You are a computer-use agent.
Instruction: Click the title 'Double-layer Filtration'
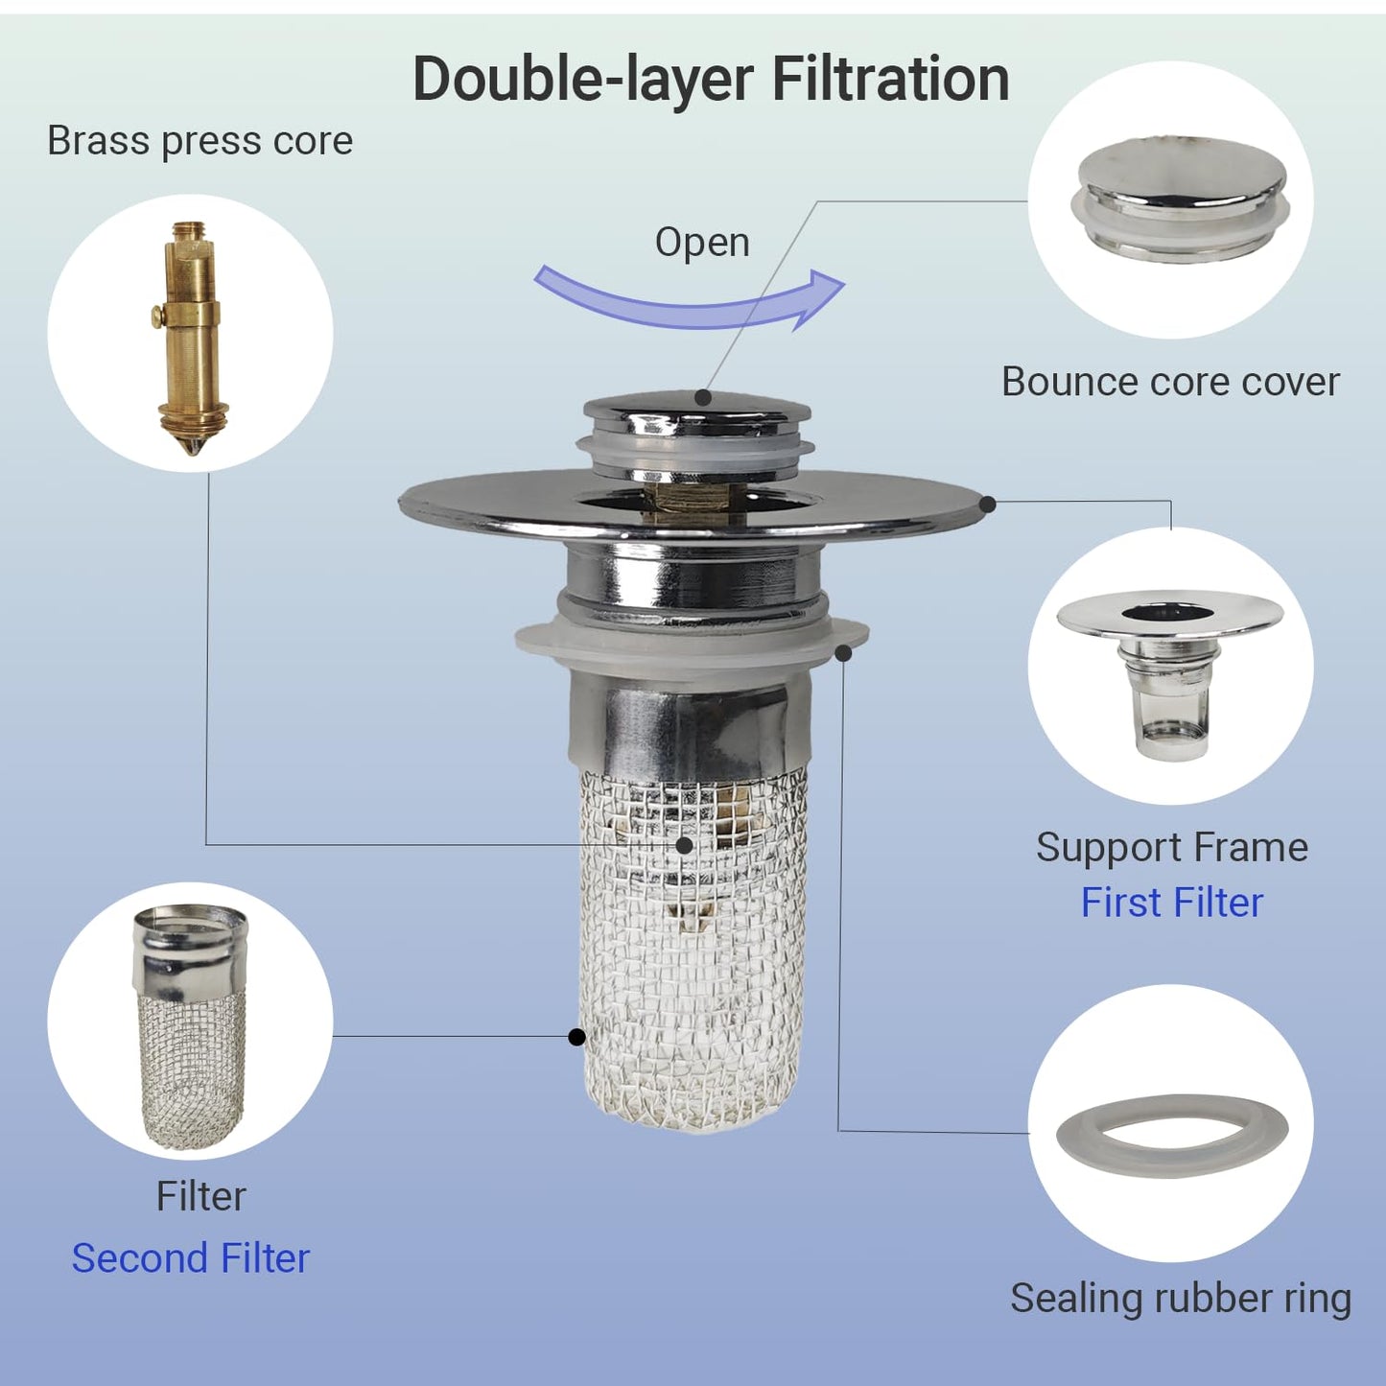click(x=710, y=79)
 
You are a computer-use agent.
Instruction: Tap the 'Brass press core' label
click(x=200, y=141)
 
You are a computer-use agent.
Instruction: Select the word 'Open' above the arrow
click(x=702, y=242)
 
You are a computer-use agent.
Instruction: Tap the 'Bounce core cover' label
click(x=1169, y=382)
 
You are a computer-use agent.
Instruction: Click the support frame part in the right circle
click(x=1170, y=671)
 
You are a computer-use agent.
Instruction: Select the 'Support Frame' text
click(x=1171, y=847)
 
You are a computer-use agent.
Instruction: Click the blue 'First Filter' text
click(x=1171, y=903)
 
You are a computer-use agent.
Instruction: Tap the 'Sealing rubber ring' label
click(x=1180, y=1298)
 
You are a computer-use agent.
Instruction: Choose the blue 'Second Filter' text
click(x=191, y=1258)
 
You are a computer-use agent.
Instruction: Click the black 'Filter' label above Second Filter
click(x=200, y=1196)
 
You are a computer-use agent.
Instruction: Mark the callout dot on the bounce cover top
click(x=703, y=397)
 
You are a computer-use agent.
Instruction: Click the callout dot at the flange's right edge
click(x=988, y=503)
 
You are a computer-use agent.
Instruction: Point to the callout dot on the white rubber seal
click(x=843, y=653)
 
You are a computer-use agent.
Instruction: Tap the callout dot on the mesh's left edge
click(x=576, y=1037)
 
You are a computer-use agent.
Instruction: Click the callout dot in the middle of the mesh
click(x=684, y=845)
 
